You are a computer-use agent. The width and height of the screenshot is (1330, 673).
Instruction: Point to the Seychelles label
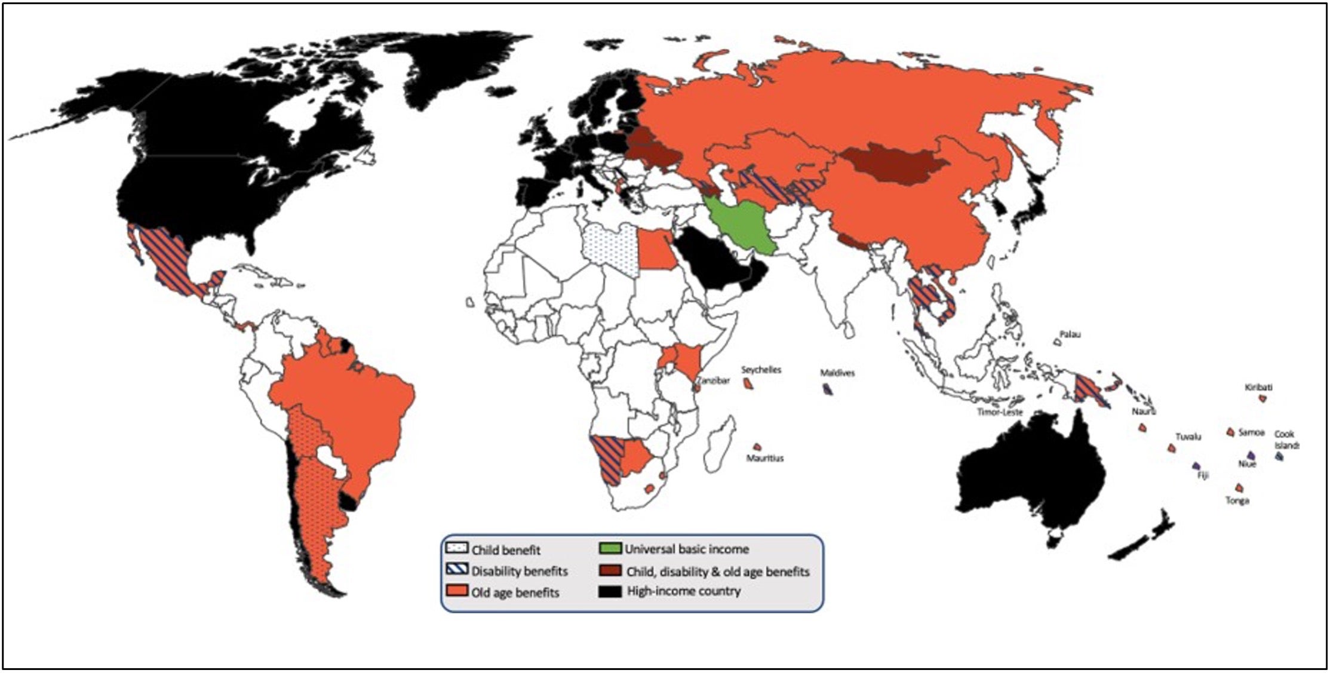(x=761, y=370)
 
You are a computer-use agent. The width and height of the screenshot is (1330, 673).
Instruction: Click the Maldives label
(x=837, y=373)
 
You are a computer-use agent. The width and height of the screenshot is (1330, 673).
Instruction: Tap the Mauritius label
(x=765, y=459)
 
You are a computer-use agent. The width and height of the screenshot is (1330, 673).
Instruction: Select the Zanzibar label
(x=713, y=380)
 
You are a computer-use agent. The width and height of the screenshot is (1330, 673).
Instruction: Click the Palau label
(x=1070, y=335)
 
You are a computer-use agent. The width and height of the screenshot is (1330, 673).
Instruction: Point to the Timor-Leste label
(x=1000, y=412)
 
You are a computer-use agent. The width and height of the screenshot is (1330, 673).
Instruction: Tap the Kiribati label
(x=1258, y=388)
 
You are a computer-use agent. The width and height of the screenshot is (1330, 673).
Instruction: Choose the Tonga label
(x=1237, y=501)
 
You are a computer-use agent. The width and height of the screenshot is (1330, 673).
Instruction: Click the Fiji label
(x=1203, y=476)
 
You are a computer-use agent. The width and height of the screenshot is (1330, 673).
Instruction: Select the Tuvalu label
(x=1188, y=437)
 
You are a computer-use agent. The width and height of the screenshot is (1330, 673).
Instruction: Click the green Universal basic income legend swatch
(x=610, y=549)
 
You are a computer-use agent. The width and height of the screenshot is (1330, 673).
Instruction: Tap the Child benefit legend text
(x=506, y=550)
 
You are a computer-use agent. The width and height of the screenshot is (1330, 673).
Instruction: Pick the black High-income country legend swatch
(x=610, y=591)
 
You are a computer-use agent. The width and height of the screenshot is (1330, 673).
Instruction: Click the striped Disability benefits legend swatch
(x=457, y=570)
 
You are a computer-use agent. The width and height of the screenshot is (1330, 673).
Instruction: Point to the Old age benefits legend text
(x=515, y=593)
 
